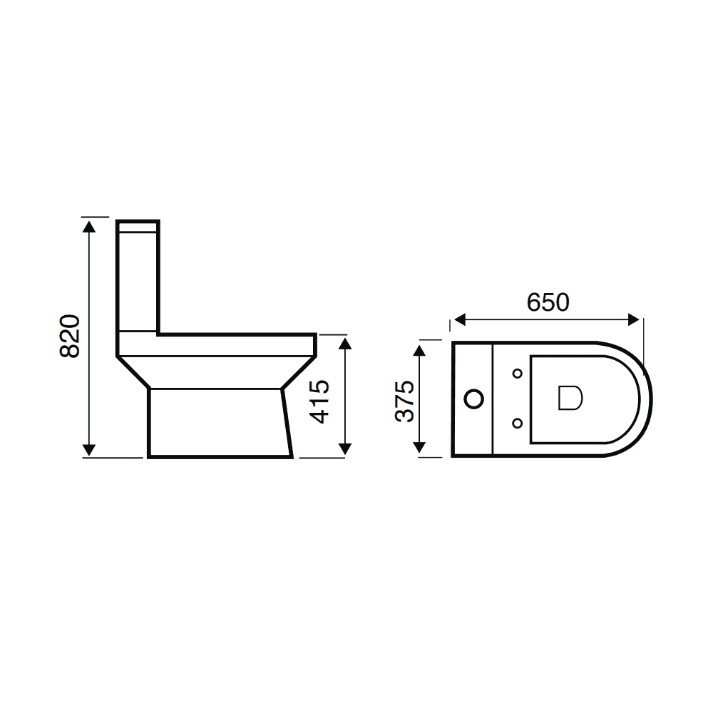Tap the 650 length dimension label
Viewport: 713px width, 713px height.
[x=548, y=302]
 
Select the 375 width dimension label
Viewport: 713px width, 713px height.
[x=405, y=401]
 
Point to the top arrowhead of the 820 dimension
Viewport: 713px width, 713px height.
[x=89, y=227]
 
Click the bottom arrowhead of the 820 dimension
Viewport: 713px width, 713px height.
[x=89, y=450]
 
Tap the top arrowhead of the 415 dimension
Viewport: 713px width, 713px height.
[x=345, y=344]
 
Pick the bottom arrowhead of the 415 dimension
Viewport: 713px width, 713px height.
[x=345, y=449]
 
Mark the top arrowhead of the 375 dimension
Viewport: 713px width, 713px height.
[x=421, y=350]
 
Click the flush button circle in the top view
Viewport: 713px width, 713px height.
[x=473, y=399]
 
